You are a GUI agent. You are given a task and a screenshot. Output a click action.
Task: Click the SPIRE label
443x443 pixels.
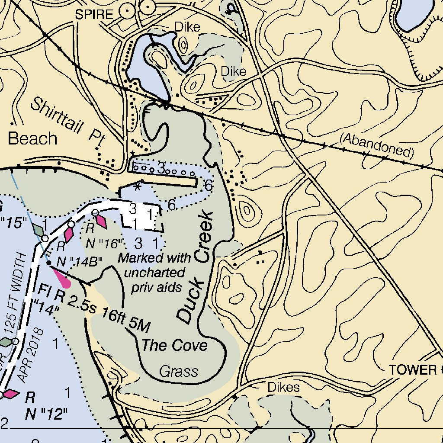point(94,14)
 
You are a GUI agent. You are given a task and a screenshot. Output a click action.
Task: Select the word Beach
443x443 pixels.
point(33,139)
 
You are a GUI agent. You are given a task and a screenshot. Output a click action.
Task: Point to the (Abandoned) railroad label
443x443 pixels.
point(377,145)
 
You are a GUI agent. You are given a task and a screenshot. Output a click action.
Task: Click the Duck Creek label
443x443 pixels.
point(195,268)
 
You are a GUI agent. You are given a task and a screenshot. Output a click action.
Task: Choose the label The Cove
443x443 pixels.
point(175,345)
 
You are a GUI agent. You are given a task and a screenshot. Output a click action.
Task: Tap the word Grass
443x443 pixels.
point(179,371)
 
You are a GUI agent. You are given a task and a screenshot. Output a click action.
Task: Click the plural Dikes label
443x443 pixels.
point(283,387)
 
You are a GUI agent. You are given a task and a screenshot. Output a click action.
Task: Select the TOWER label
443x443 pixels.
point(415,370)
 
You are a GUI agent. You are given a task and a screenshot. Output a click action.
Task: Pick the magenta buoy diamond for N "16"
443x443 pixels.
point(101,221)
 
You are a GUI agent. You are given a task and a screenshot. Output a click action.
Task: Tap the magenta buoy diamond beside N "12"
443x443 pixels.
point(10,394)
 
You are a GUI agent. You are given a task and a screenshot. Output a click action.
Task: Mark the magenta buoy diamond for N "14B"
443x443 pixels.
point(68,234)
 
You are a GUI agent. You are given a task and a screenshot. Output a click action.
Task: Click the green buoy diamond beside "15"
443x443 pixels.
point(38,229)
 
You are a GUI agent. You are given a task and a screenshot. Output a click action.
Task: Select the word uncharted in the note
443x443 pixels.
point(154,273)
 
